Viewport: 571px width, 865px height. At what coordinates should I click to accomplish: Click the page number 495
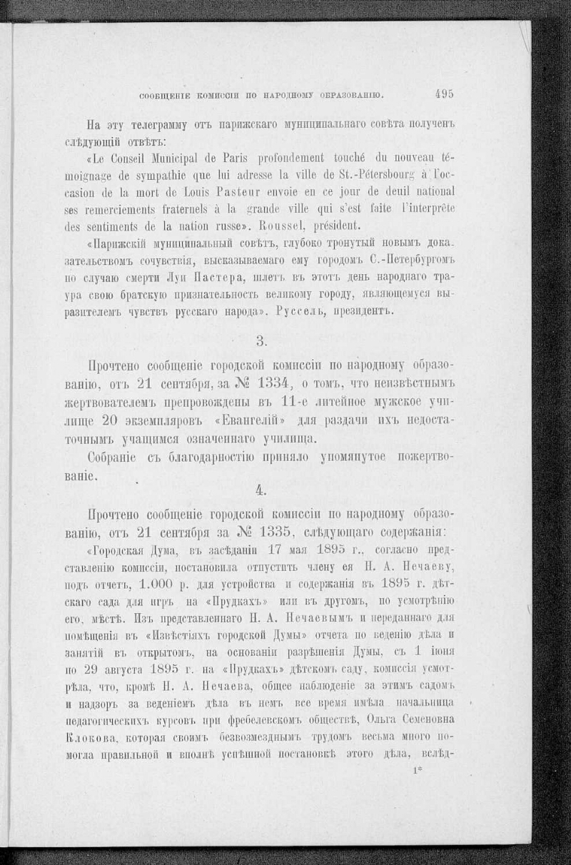coord(443,93)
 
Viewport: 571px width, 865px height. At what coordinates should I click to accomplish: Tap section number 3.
coord(261,340)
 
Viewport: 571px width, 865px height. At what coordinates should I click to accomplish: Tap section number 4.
coord(261,490)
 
